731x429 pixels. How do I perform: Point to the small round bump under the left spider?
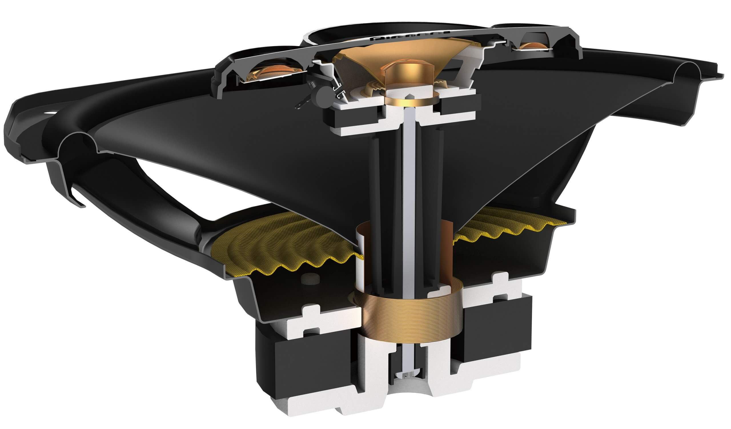[x=310, y=278]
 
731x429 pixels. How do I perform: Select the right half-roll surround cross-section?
[x=689, y=73]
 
